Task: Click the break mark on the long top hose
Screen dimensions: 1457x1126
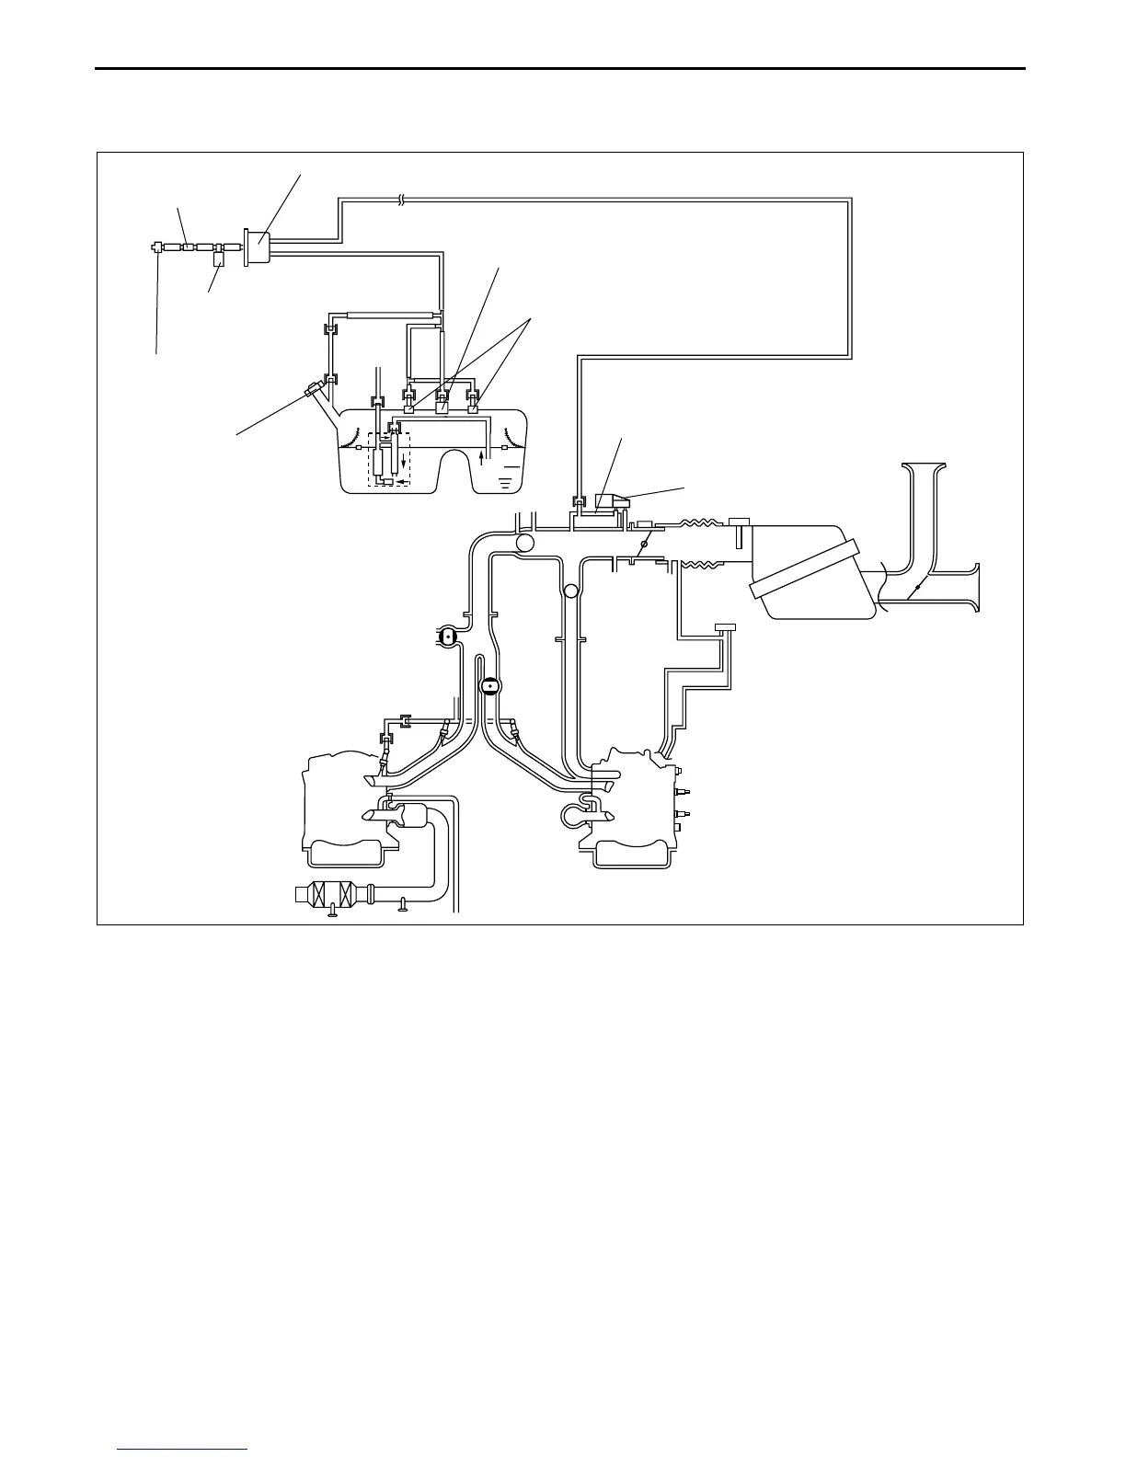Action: click(x=401, y=199)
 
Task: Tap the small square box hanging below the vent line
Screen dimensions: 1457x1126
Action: click(x=219, y=260)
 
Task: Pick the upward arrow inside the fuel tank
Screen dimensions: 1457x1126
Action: click(x=484, y=457)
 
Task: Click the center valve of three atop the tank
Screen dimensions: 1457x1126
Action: click(x=441, y=402)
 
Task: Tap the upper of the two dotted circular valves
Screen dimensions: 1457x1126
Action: click(x=447, y=637)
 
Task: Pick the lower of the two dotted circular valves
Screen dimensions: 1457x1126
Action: click(x=491, y=686)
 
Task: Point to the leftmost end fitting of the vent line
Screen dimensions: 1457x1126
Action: click(x=157, y=247)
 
